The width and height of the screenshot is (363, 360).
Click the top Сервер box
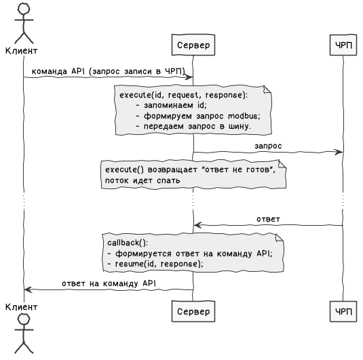tap(193, 45)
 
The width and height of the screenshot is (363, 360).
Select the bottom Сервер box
tap(193, 311)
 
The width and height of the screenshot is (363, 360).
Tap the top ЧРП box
tap(343, 45)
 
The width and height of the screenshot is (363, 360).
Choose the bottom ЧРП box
tap(343, 311)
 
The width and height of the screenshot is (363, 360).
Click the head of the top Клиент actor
tap(24, 9)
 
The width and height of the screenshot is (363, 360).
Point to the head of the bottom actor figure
tap(24, 319)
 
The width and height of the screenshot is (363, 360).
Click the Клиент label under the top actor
tap(21, 51)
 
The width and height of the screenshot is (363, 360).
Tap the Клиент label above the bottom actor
tap(21, 307)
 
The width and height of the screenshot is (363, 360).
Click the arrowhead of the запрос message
tap(339, 153)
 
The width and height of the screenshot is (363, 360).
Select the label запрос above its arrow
tap(268, 146)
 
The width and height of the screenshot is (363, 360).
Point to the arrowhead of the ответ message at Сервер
tap(197, 225)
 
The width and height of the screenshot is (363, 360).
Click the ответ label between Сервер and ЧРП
tap(268, 219)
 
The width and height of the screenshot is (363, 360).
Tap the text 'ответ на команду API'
tap(109, 283)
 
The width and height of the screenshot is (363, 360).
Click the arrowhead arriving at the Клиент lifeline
tap(28, 289)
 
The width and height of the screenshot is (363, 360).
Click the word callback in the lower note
tap(123, 243)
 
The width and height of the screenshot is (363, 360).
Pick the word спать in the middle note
tap(168, 181)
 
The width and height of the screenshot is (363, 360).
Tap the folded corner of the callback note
tap(280, 237)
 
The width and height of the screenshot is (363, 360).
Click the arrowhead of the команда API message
tap(189, 77)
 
